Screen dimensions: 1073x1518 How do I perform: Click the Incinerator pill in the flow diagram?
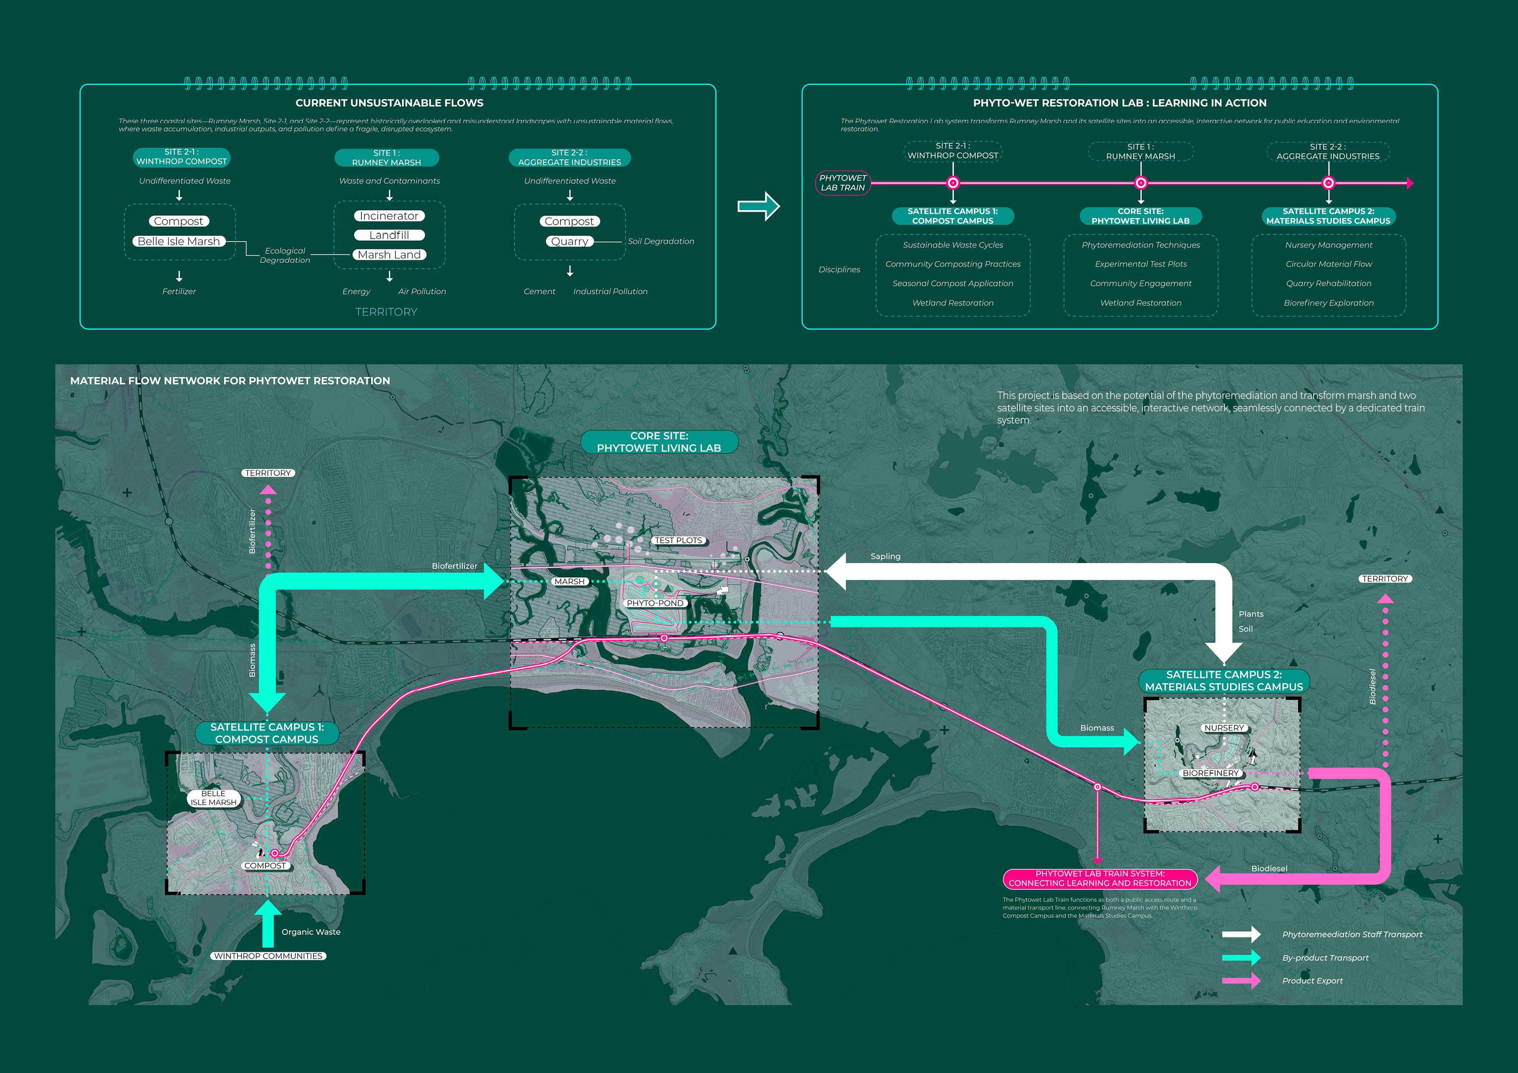click(389, 216)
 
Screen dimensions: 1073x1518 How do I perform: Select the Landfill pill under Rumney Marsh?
click(389, 235)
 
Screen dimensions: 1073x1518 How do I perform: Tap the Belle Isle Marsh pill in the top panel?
click(179, 241)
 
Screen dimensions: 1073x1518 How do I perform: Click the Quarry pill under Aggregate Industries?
click(569, 241)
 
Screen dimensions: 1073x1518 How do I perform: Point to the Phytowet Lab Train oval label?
click(842, 182)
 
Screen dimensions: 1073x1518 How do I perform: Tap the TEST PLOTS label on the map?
click(678, 540)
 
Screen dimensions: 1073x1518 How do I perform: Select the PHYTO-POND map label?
click(655, 603)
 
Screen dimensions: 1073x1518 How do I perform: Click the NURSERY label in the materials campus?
click(1224, 728)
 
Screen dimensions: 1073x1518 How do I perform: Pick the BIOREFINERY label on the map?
click(1210, 773)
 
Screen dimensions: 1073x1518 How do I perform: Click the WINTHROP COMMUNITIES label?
click(268, 956)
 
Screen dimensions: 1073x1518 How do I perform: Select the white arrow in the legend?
click(1241, 934)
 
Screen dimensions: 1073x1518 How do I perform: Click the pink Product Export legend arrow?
click(1241, 980)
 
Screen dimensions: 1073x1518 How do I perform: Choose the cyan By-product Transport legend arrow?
click(1241, 957)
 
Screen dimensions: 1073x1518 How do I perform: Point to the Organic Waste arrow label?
click(311, 932)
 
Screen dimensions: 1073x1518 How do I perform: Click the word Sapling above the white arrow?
click(885, 557)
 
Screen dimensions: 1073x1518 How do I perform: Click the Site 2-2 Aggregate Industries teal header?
click(569, 157)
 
